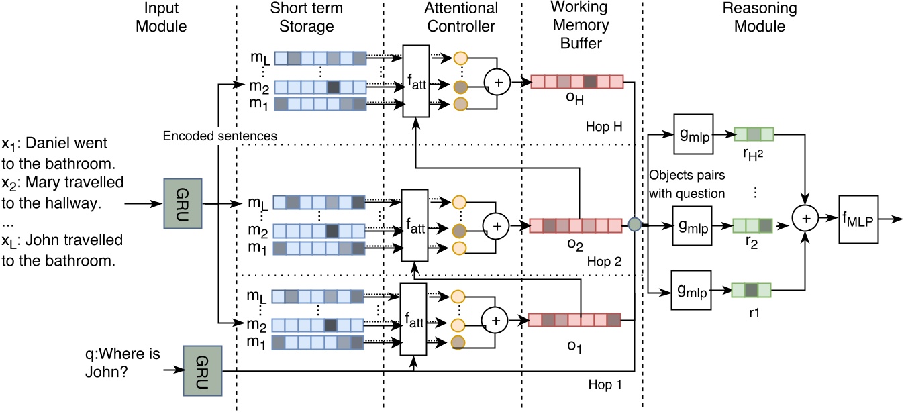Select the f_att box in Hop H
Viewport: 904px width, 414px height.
415,82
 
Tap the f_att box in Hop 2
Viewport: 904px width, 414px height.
413,225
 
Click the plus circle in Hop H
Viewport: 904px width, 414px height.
497,84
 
